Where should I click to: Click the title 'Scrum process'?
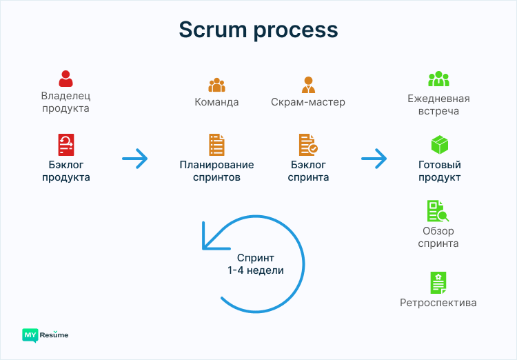(x=258, y=30)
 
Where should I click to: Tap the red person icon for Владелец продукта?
(x=65, y=78)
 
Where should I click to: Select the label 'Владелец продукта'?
(x=65, y=102)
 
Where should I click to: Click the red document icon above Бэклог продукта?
(x=65, y=145)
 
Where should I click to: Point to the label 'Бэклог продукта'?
(x=65, y=171)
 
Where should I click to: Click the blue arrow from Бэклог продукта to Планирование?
(x=135, y=159)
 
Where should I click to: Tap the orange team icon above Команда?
(x=217, y=85)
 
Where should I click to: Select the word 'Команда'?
(x=217, y=102)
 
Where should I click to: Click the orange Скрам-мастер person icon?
(x=308, y=85)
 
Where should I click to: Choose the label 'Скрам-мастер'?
(x=308, y=102)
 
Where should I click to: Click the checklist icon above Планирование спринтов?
(x=217, y=145)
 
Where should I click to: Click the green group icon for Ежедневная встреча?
(x=439, y=79)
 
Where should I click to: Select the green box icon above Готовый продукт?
(x=440, y=145)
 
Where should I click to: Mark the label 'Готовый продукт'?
(x=440, y=171)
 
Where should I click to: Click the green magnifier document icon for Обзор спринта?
(x=437, y=210)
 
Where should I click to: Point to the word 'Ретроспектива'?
(x=438, y=303)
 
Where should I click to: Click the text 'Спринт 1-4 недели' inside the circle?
(x=256, y=263)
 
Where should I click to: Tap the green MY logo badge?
(x=30, y=335)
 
